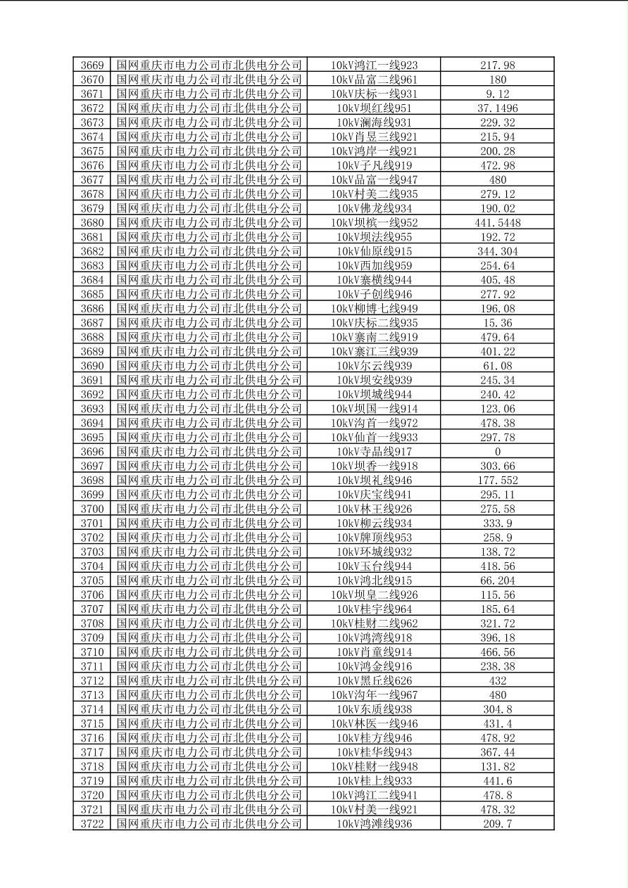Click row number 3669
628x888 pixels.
tap(92, 65)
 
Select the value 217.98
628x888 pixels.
tap(498, 65)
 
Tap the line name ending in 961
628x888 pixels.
tap(374, 80)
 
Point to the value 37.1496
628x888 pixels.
tap(498, 108)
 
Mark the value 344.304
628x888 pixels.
tap(498, 251)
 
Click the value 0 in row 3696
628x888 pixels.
tap(498, 452)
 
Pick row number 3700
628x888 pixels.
tap(92, 509)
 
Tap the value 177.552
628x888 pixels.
tap(498, 481)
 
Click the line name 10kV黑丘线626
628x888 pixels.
tap(374, 680)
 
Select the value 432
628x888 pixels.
tap(498, 680)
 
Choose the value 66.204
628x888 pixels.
tap(498, 581)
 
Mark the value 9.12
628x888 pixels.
tap(498, 94)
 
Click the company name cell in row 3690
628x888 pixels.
tap(209, 366)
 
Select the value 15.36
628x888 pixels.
tap(498, 323)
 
